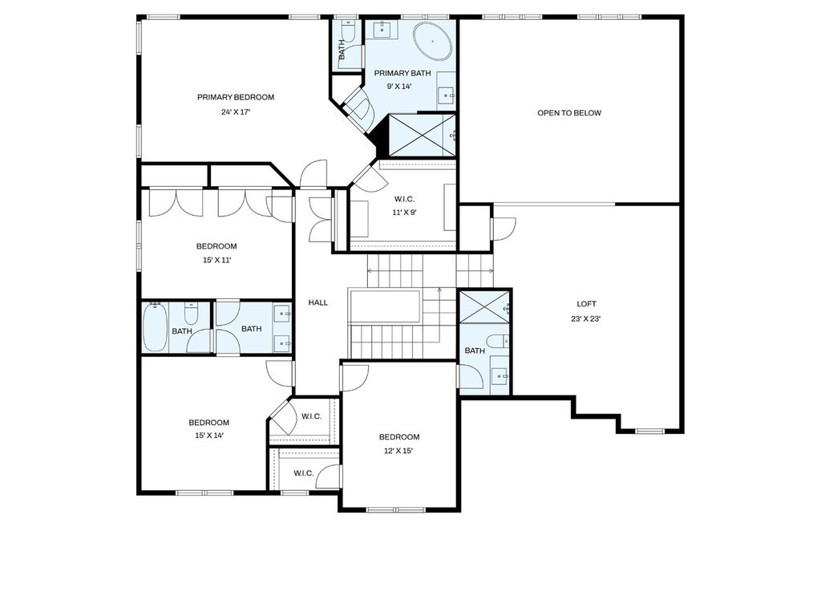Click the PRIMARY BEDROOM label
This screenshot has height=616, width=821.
point(236,97)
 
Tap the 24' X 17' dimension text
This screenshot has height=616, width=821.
point(236,111)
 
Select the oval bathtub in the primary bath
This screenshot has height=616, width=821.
point(432,40)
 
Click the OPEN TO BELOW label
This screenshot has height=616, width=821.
point(569,112)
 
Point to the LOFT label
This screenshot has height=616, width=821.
point(586,304)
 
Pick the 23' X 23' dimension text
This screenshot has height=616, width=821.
point(586,318)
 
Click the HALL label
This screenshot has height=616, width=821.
point(317,302)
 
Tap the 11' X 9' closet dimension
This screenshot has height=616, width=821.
point(404,213)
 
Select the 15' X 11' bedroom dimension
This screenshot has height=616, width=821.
point(216,260)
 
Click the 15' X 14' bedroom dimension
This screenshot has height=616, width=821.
point(209,436)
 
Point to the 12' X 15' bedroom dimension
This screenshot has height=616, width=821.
point(399,451)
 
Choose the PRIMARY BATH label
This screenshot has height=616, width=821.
point(402,73)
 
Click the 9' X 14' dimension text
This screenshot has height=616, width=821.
point(399,87)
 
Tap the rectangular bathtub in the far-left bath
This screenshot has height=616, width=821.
point(155,327)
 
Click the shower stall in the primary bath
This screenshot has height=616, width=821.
point(422,135)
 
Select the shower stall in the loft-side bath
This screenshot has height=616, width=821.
point(484,308)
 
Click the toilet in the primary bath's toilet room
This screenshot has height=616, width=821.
point(348,31)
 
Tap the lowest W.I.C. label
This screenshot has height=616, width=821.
point(304,473)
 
